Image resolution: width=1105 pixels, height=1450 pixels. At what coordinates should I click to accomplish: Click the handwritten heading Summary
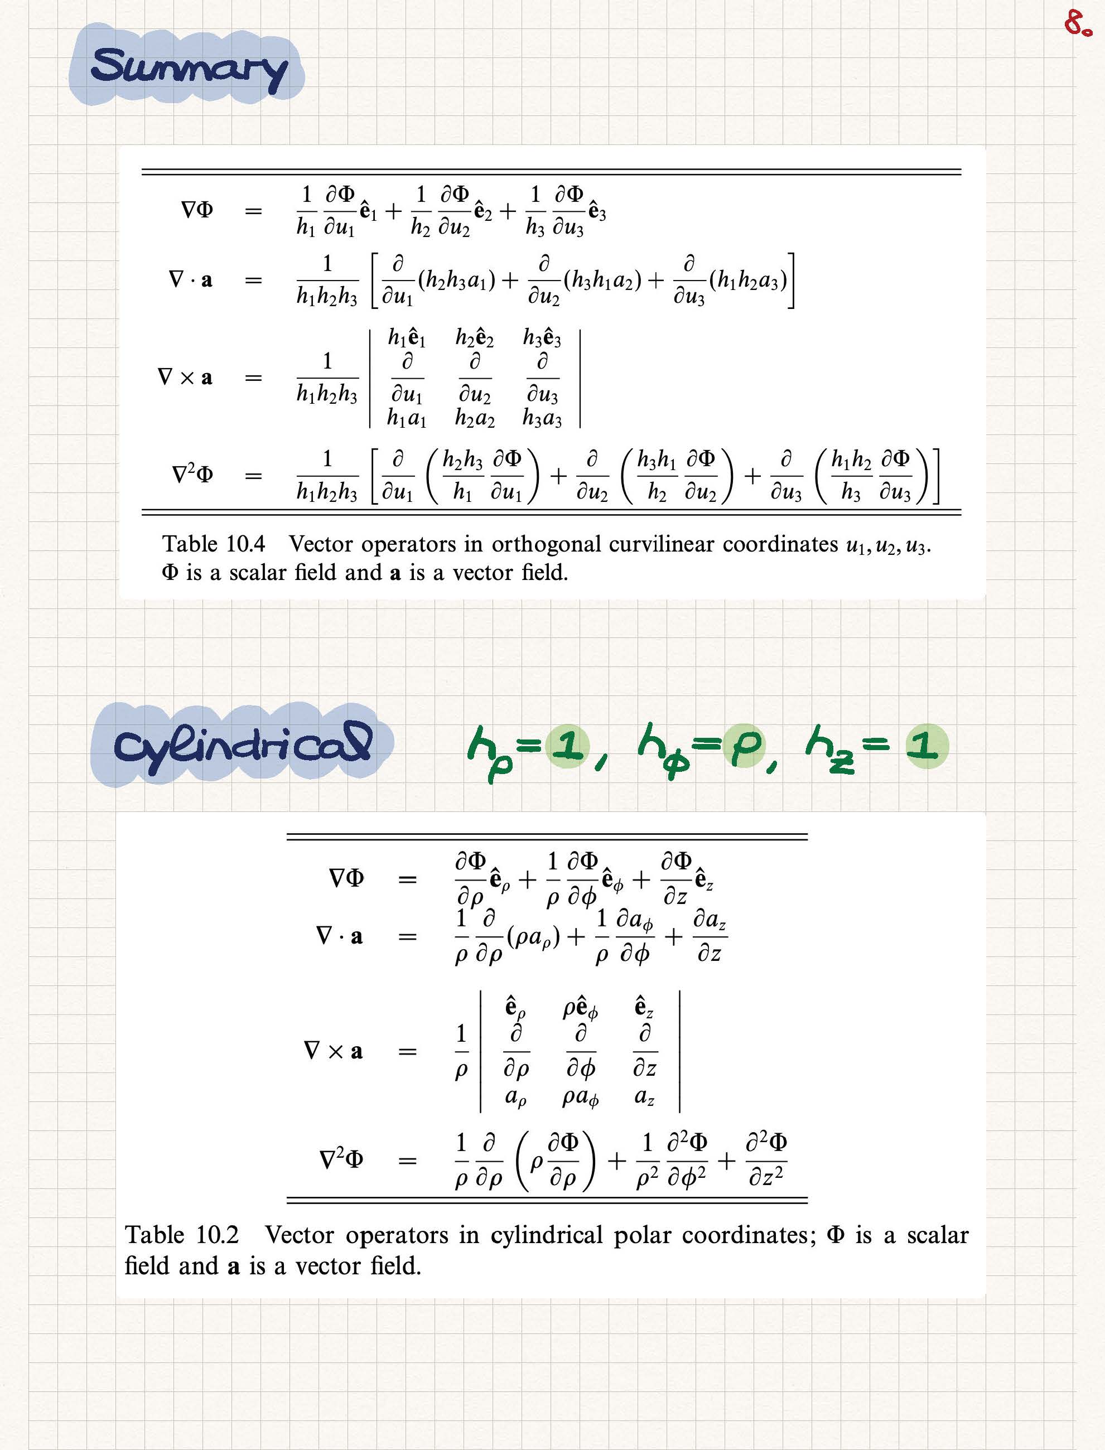tap(188, 66)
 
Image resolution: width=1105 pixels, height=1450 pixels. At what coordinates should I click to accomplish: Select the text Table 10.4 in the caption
tap(214, 544)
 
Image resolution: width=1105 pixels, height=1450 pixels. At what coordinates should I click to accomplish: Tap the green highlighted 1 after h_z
tap(926, 746)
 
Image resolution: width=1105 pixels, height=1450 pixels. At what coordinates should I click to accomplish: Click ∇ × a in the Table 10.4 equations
tap(186, 378)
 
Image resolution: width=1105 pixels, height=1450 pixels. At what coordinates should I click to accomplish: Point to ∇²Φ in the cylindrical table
tap(341, 1159)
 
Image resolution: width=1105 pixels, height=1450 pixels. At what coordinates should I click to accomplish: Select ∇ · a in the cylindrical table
tap(339, 936)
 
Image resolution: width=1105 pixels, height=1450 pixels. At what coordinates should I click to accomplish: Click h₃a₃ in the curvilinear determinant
tap(542, 418)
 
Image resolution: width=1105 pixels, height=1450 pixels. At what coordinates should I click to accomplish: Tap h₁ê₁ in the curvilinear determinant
tap(407, 338)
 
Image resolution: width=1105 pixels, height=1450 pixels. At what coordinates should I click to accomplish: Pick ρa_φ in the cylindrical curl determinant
tap(580, 1097)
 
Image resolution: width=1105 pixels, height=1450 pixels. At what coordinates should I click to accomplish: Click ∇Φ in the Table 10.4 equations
tap(197, 210)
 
